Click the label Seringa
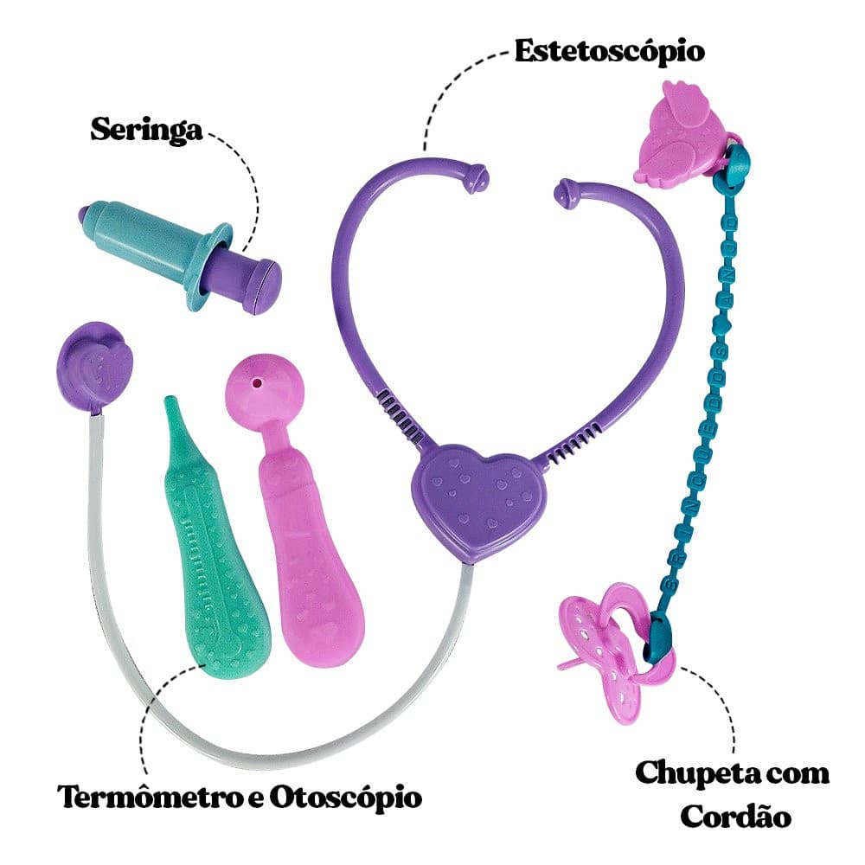146,130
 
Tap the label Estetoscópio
610,50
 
